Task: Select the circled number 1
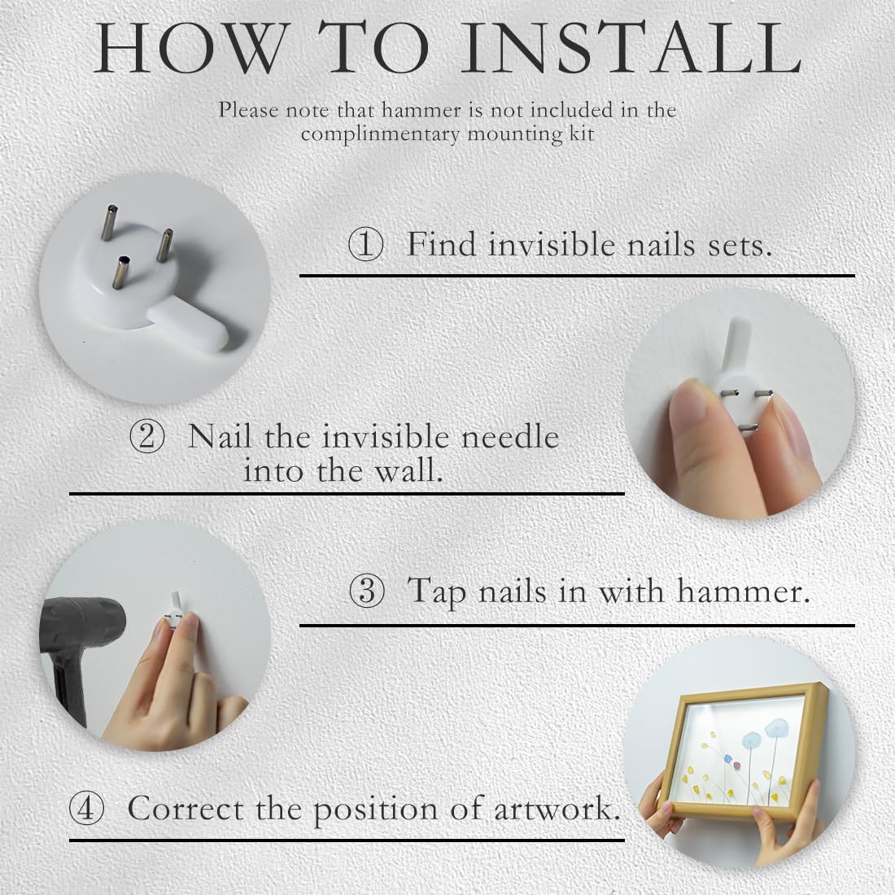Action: [365, 246]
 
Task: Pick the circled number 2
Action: [146, 437]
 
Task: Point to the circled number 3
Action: [366, 591]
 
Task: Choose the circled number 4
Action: [86, 808]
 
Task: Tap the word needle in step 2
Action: [509, 437]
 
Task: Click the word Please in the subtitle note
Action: [248, 110]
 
